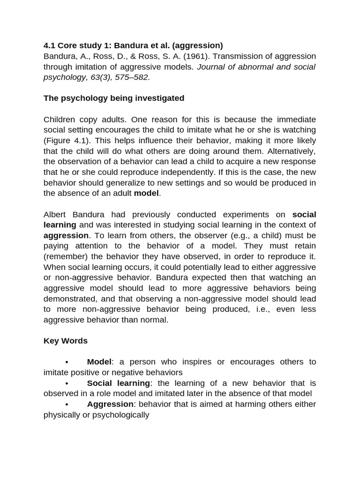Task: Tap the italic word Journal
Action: [212, 67]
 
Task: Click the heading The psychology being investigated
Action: [114, 98]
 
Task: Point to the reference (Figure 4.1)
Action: [69, 141]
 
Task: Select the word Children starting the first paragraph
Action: [60, 120]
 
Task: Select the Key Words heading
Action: [66, 341]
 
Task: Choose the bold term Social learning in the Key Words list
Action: [119, 383]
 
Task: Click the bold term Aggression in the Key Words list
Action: [111, 404]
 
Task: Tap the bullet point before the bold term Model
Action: [67, 362]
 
